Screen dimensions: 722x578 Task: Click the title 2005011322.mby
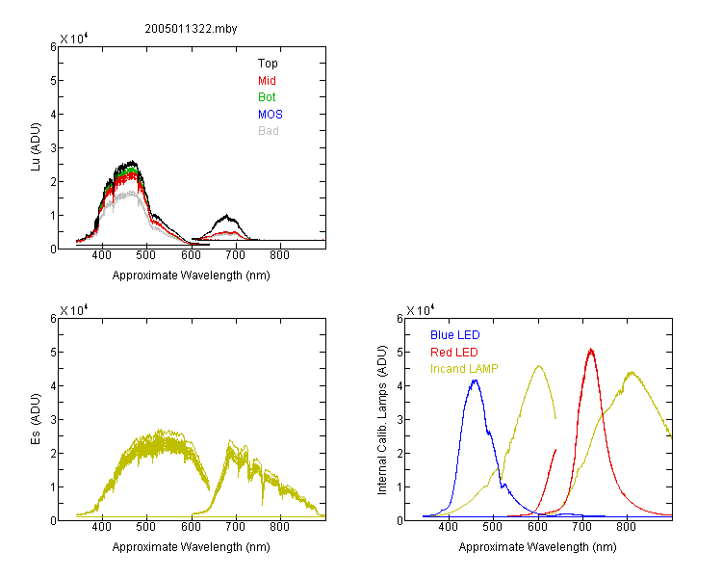(191, 29)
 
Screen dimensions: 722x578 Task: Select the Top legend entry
(268, 64)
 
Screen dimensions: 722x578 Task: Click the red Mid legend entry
(267, 81)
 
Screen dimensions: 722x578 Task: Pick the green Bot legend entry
(267, 97)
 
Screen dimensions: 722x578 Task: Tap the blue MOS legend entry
(271, 115)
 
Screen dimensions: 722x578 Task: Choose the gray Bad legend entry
(268, 131)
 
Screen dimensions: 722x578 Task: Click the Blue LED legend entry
(455, 335)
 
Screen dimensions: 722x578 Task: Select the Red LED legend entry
(454, 353)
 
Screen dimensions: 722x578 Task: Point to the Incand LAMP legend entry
(464, 369)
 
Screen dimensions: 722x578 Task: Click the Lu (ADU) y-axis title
(36, 147)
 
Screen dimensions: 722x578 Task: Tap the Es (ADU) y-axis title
(36, 419)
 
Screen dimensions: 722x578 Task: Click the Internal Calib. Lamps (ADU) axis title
(382, 420)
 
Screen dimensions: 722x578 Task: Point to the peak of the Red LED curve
(591, 350)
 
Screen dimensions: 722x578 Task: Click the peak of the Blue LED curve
(476, 381)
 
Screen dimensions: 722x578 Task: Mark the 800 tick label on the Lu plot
(279, 255)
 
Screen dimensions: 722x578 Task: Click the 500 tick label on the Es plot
(146, 527)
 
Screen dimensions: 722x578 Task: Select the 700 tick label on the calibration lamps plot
(582, 527)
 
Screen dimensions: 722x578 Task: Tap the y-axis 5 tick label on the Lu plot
(53, 81)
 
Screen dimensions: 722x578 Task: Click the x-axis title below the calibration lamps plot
(537, 547)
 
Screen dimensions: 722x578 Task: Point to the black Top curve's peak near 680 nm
(226, 215)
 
